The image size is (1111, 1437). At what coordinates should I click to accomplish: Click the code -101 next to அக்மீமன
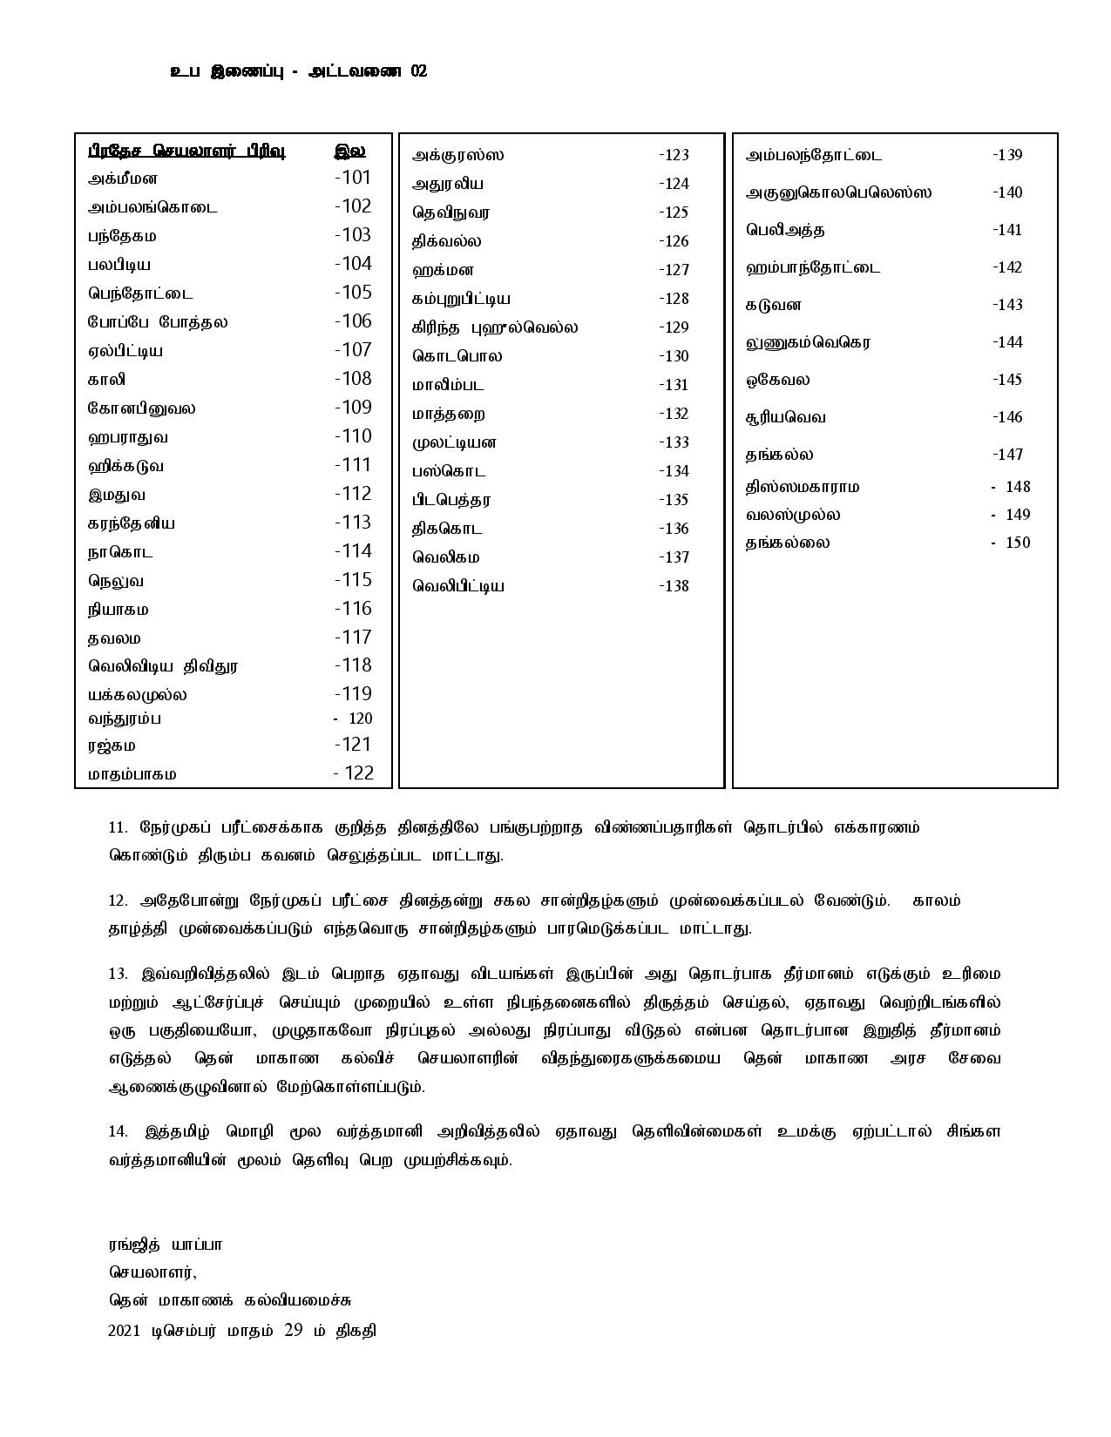[x=353, y=178]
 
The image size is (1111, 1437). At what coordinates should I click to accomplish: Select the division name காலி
[x=107, y=380]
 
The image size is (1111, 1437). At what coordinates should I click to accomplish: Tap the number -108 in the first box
[x=353, y=379]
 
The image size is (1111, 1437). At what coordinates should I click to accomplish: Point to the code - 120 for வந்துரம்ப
[x=353, y=718]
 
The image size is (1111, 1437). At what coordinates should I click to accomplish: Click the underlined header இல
[x=349, y=151]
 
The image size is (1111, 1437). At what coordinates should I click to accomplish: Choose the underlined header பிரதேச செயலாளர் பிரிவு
[x=186, y=151]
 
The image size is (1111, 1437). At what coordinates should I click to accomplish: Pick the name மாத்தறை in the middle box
[x=449, y=414]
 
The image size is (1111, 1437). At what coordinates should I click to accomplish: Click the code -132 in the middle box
[x=674, y=414]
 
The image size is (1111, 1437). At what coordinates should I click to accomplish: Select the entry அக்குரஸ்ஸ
[x=458, y=156]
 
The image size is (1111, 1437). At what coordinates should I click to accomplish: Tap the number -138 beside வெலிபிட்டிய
[x=674, y=586]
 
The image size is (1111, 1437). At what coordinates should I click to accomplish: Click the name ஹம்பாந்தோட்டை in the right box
[x=813, y=267]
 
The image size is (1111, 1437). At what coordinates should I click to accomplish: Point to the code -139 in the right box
[x=1007, y=155]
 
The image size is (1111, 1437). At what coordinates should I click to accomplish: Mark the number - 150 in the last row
[x=1011, y=543]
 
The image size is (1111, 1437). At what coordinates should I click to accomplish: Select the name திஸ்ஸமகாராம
[x=803, y=487]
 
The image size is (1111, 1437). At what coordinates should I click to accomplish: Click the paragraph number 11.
[x=118, y=827]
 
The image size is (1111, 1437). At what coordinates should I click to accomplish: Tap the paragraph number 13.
[x=118, y=973]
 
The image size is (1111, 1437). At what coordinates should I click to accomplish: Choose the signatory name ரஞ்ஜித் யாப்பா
[x=166, y=1245]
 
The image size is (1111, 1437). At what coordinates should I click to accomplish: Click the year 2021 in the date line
[x=124, y=1331]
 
